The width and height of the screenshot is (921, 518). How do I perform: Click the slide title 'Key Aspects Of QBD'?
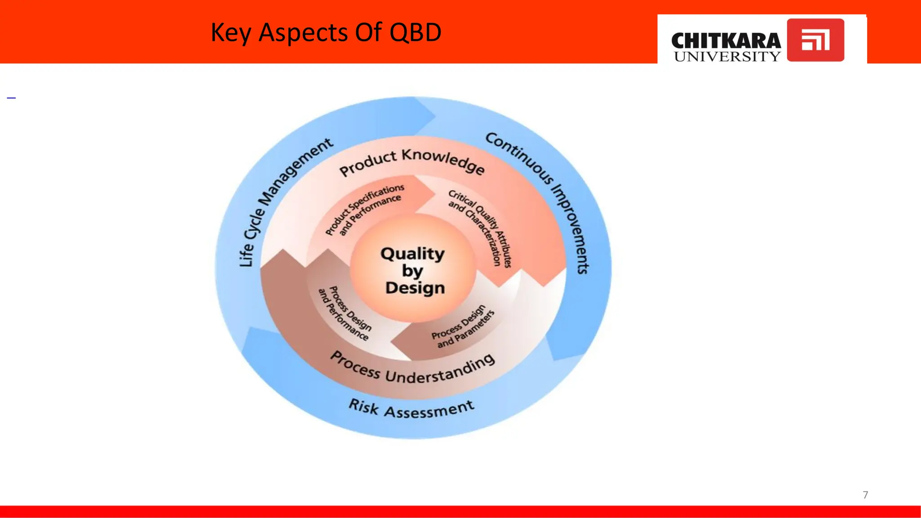pos(326,32)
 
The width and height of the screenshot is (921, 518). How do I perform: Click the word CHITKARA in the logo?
pos(726,41)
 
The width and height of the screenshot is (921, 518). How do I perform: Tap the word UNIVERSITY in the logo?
pos(727,57)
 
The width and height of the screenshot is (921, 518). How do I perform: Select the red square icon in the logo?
pos(815,40)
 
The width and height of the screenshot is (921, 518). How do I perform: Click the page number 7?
pos(865,495)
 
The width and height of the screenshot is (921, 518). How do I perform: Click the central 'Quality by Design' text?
pos(413,270)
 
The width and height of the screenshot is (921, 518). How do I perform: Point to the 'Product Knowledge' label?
pos(411,161)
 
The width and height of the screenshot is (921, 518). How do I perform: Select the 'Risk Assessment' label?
pos(411,409)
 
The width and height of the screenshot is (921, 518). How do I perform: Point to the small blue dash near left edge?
pos(11,98)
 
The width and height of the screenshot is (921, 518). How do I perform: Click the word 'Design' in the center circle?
pos(415,288)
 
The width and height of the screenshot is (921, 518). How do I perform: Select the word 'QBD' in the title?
pos(416,32)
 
